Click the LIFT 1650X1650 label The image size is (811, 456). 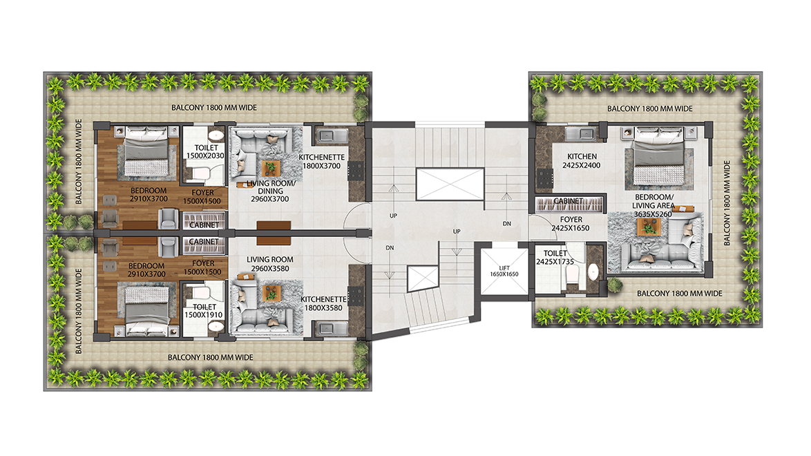(504, 271)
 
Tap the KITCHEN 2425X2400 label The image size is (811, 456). (582, 160)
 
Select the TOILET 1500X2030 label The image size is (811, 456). (205, 152)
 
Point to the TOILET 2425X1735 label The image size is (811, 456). (555, 257)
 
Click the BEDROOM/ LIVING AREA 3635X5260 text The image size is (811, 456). (653, 205)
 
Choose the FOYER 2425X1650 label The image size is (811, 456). (571, 224)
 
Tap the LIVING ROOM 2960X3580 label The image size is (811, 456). (269, 264)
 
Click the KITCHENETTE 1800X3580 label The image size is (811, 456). (323, 303)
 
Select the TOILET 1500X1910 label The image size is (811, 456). (204, 310)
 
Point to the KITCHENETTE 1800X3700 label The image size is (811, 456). (322, 162)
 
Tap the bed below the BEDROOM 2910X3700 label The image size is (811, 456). (147, 310)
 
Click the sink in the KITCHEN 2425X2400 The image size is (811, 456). (582, 134)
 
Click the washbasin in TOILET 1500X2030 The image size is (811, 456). (217, 136)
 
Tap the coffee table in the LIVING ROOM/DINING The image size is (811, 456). (270, 168)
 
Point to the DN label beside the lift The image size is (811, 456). (507, 224)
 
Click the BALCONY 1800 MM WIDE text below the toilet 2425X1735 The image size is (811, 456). (679, 294)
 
